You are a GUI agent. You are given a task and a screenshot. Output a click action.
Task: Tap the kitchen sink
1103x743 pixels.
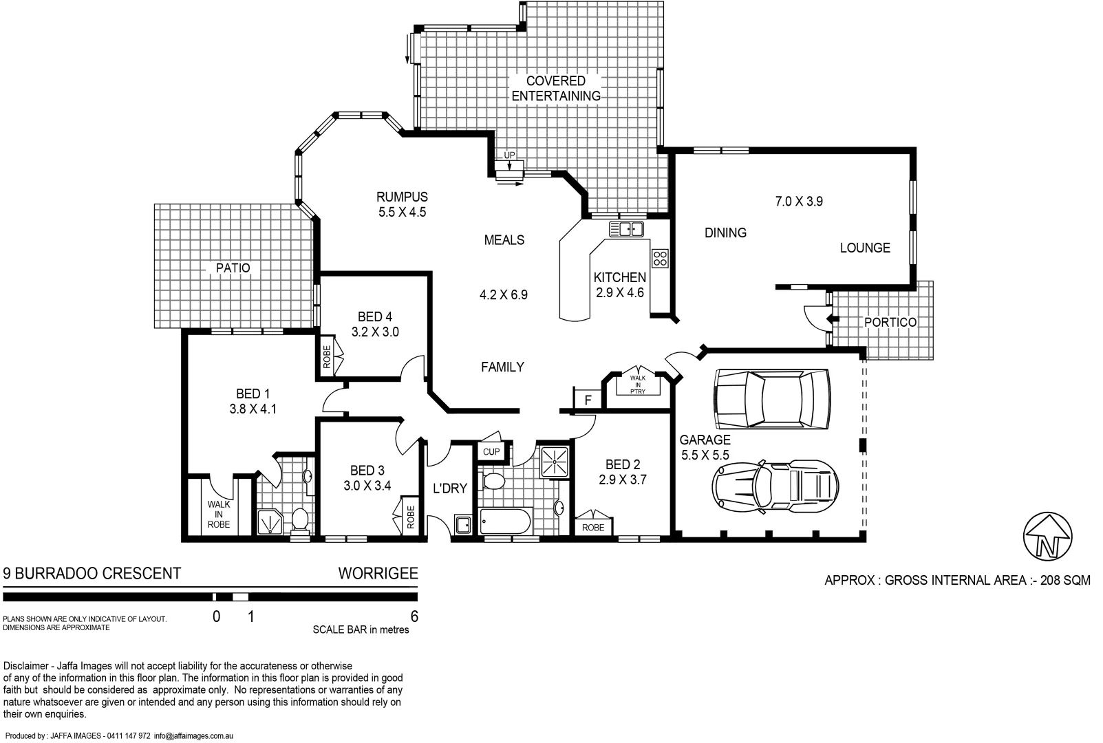(x=626, y=229)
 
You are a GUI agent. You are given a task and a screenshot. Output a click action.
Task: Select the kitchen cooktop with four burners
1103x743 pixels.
(x=660, y=259)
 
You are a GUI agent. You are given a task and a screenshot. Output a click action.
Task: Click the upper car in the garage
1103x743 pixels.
(x=772, y=398)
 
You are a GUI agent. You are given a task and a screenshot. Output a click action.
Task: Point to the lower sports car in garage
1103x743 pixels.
(x=775, y=486)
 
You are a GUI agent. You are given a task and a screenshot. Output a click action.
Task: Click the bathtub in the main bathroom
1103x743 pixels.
(x=505, y=521)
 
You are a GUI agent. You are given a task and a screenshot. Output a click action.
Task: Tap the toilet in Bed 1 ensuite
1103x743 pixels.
(x=300, y=519)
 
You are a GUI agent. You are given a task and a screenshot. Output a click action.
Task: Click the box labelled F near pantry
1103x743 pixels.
(x=588, y=400)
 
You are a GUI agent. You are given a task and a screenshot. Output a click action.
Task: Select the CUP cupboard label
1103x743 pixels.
(x=491, y=452)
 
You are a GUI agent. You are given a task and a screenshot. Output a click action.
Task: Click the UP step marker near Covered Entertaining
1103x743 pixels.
(x=509, y=155)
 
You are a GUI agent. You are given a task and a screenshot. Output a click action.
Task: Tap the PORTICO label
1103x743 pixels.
(x=890, y=322)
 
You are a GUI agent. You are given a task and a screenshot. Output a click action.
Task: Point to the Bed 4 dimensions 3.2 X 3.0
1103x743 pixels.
(x=375, y=332)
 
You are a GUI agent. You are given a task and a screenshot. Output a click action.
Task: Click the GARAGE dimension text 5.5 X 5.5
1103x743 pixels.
(x=705, y=455)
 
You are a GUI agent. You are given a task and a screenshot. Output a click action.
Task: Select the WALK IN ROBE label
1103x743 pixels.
(x=219, y=514)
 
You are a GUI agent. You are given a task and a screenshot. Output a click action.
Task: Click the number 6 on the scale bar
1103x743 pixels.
(x=414, y=616)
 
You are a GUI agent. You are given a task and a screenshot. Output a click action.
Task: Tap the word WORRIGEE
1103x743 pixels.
(x=378, y=574)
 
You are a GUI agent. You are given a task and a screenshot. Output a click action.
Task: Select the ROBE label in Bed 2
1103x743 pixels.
(x=592, y=527)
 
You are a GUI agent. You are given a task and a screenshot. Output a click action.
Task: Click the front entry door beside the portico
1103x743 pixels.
(x=817, y=317)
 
